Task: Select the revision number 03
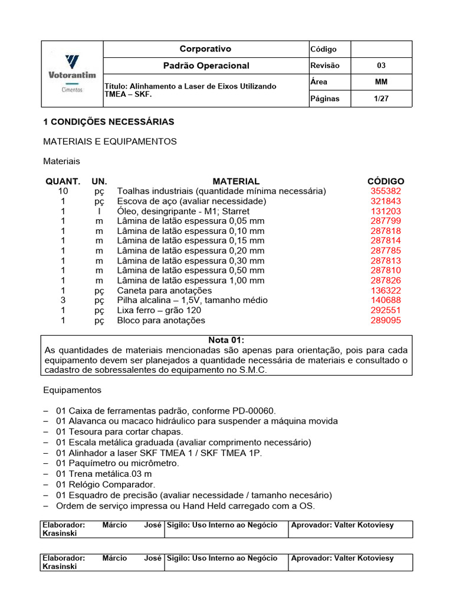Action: [381, 66]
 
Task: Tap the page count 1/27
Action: [381, 99]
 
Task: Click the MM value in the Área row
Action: [381, 82]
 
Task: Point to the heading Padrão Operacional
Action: [206, 66]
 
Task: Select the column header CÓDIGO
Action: [386, 181]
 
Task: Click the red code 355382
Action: [386, 191]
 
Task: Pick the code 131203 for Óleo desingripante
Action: [386, 212]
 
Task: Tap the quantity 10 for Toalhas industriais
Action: [63, 191]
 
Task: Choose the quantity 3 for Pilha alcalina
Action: [63, 301]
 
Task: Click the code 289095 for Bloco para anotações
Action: [386, 321]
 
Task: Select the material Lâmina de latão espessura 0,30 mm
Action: [191, 261]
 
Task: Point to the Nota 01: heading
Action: [226, 340]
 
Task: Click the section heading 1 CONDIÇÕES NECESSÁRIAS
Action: [109, 122]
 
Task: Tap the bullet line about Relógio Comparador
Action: [105, 484]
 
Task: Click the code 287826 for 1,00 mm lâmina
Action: [386, 281]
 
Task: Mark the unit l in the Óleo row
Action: [99, 212]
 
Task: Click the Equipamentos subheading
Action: [72, 391]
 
